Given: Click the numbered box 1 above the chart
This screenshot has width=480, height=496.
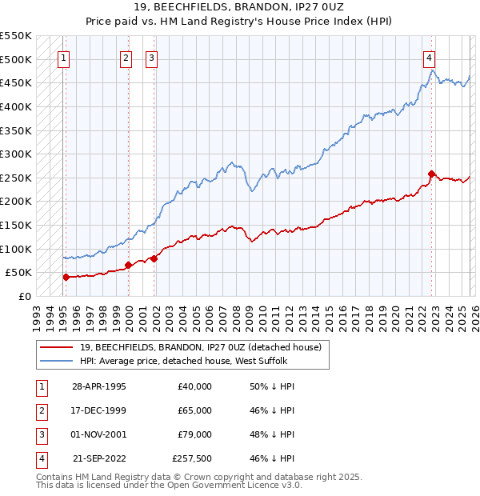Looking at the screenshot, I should [x=63, y=57].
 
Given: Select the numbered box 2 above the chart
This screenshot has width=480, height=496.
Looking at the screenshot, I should [x=126, y=57].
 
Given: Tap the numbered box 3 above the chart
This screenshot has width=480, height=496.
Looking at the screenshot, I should [x=151, y=57].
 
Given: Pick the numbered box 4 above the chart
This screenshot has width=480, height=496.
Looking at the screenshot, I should [x=430, y=57].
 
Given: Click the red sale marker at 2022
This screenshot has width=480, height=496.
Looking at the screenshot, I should [x=431, y=174].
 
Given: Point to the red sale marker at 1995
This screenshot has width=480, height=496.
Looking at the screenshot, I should [x=66, y=277].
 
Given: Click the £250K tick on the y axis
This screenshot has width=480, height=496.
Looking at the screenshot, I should [x=16, y=178].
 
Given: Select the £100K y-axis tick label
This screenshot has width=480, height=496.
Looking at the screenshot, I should [x=16, y=249].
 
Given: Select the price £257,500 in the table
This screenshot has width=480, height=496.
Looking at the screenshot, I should [x=192, y=458].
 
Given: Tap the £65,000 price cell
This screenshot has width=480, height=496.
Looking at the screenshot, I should [x=194, y=410].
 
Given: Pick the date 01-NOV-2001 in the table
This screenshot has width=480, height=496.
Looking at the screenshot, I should [x=98, y=434].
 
